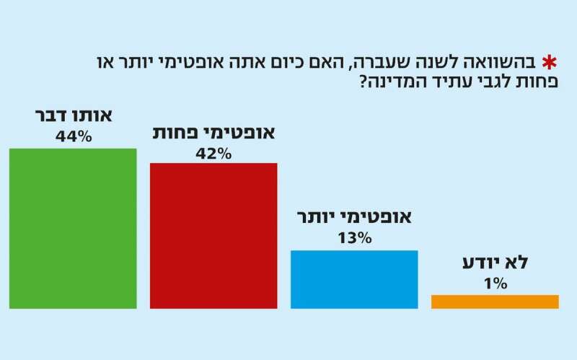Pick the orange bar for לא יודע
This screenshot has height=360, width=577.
(495, 302)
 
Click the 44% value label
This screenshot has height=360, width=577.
(73, 135)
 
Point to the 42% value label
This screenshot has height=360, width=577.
(213, 153)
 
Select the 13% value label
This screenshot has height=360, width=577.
(353, 237)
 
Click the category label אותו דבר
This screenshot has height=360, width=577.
(73, 116)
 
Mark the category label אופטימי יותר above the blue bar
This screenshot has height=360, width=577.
(354, 218)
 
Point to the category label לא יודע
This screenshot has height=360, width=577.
(495, 263)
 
